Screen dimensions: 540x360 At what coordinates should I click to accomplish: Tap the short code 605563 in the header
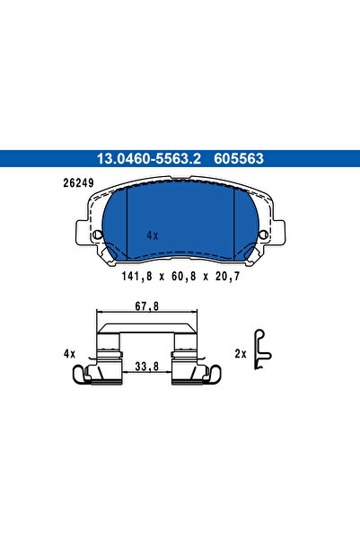(239, 159)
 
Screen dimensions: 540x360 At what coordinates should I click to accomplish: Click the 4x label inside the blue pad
(152, 235)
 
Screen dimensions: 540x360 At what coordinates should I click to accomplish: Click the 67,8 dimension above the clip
(146, 306)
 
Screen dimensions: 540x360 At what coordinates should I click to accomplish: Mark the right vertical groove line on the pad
(233, 225)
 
